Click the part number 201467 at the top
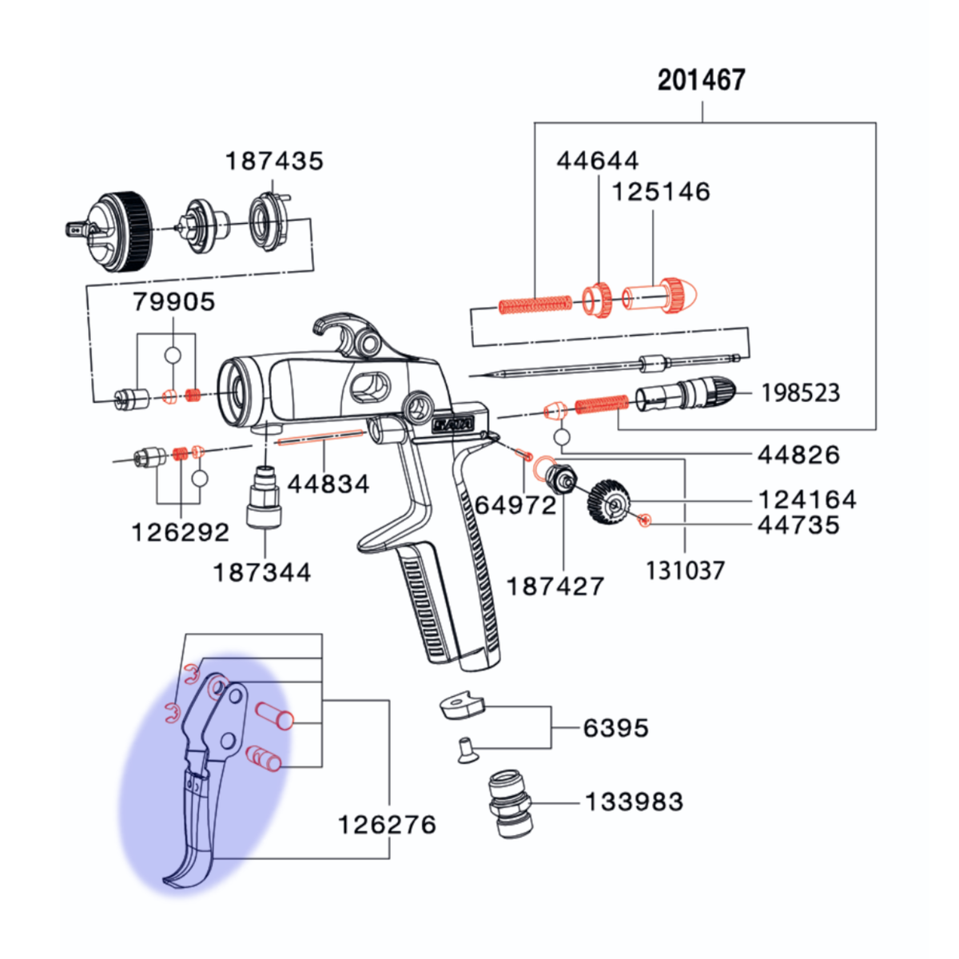(701, 81)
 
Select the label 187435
(274, 161)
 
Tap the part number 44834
(328, 483)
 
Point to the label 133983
(634, 802)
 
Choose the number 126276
(387, 825)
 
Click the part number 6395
(615, 728)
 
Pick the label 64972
(515, 506)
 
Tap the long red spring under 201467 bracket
(535, 304)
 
